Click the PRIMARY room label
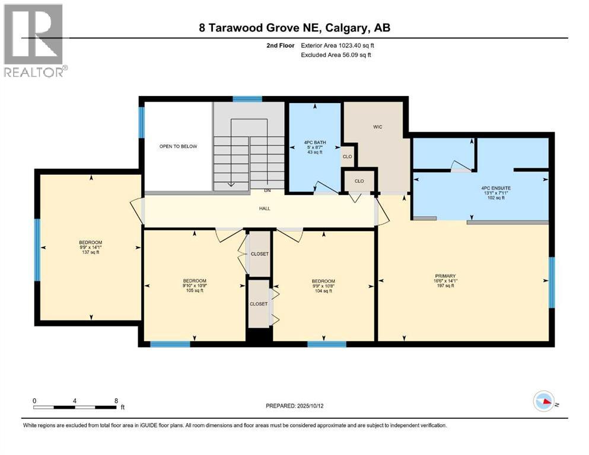click(x=445, y=275)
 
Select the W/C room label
click(x=376, y=126)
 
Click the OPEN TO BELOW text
click(x=178, y=146)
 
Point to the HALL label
click(x=265, y=208)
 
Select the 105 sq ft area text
click(x=195, y=290)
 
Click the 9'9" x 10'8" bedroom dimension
click(x=323, y=286)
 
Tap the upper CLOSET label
click(x=259, y=254)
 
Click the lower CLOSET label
click(x=259, y=304)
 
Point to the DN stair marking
click(x=268, y=191)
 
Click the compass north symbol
click(x=544, y=402)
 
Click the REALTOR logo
click(x=34, y=40)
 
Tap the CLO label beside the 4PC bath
click(x=348, y=156)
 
